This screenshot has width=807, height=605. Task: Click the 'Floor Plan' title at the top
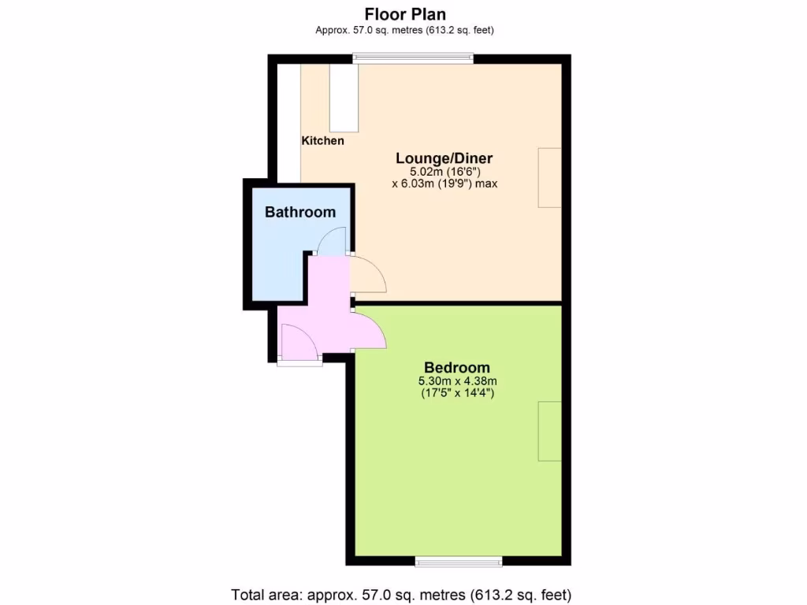(x=404, y=13)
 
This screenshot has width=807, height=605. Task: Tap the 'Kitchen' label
(x=323, y=141)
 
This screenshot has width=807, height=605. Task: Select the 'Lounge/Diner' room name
(x=444, y=158)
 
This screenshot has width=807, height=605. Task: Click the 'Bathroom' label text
(x=300, y=212)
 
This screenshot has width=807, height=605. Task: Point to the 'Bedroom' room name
(x=457, y=367)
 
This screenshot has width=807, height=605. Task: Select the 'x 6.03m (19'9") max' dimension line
(x=444, y=184)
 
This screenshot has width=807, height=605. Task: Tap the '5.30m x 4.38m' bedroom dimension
(x=457, y=381)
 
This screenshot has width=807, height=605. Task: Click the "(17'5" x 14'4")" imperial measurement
(x=457, y=393)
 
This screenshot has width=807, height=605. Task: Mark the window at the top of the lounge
(x=413, y=58)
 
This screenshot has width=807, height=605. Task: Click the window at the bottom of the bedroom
(x=459, y=562)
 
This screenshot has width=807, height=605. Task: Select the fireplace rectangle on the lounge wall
(x=549, y=177)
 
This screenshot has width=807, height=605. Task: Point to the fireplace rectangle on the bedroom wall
(x=549, y=431)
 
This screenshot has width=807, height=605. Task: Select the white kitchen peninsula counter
(x=344, y=98)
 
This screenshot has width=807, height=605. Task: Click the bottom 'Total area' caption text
(x=401, y=594)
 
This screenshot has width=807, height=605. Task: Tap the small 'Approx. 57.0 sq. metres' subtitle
(x=404, y=30)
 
